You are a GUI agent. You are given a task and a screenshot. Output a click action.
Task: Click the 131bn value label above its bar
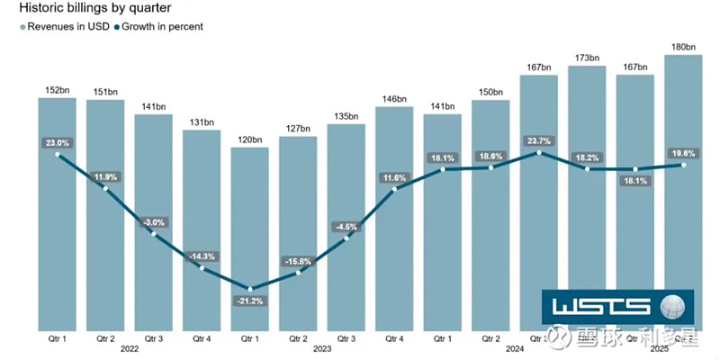[x=202, y=122]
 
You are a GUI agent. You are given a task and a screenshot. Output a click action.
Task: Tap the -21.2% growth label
[x=249, y=301]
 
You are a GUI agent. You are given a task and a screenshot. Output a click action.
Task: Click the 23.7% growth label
[x=538, y=139]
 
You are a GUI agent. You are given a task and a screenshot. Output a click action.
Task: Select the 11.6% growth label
[x=394, y=178]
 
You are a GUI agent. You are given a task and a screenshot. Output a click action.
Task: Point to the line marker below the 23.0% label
[x=58, y=155]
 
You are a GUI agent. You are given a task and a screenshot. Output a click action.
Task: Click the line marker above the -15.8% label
[x=298, y=273]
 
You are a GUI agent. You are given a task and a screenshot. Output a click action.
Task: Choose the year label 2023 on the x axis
[x=321, y=347]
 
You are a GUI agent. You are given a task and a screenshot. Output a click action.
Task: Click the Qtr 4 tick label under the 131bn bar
[x=202, y=337]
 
